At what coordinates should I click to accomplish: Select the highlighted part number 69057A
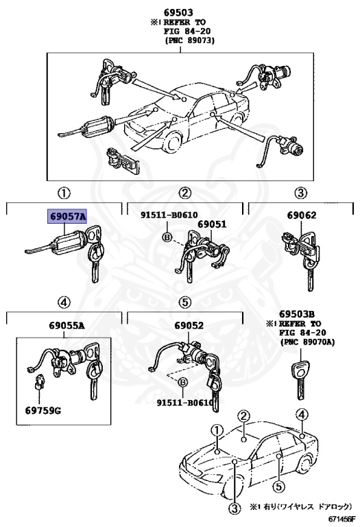(x=67, y=215)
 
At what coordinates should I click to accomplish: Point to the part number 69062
(x=301, y=215)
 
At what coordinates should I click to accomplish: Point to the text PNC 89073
(x=190, y=40)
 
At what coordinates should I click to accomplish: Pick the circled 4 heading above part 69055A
(x=62, y=302)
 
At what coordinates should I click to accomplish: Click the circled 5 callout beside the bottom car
(x=278, y=487)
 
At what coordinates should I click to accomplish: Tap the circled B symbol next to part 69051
(x=166, y=237)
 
